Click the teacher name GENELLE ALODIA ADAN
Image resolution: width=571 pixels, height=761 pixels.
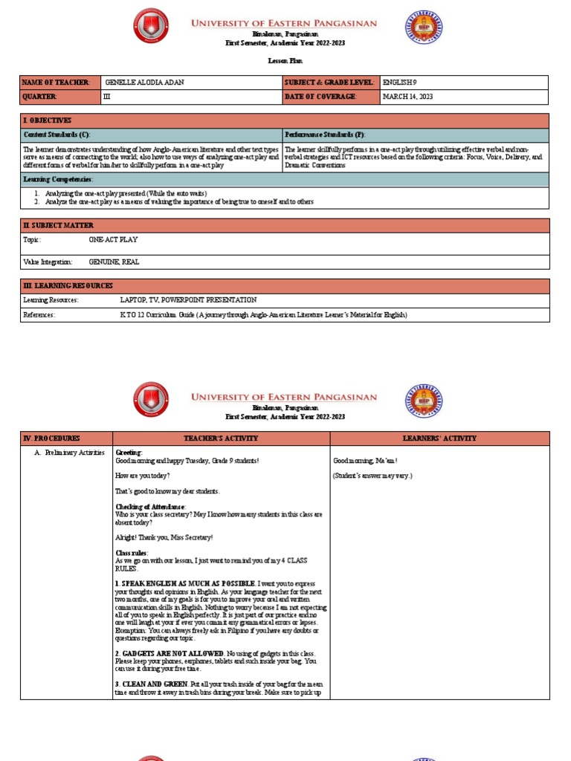145,82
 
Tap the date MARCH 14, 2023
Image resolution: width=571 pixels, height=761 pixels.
407,97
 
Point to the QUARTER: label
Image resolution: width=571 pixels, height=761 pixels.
39,97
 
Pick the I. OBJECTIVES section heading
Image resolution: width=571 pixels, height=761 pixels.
48,120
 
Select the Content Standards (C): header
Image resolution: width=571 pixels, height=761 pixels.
57,135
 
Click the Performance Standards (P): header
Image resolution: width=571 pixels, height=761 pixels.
325,135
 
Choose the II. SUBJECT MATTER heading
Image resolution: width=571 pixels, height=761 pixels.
59,225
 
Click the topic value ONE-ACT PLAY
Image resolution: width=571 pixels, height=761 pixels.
113,240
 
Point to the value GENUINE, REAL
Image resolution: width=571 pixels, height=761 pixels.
114,262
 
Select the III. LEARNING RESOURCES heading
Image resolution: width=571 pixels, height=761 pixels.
68,285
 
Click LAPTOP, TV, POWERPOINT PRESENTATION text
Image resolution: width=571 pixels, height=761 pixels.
188,300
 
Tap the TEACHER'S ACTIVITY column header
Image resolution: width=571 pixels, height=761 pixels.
221,438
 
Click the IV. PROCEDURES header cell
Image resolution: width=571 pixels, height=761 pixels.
52,438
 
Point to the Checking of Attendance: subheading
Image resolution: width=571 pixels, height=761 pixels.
150,507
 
